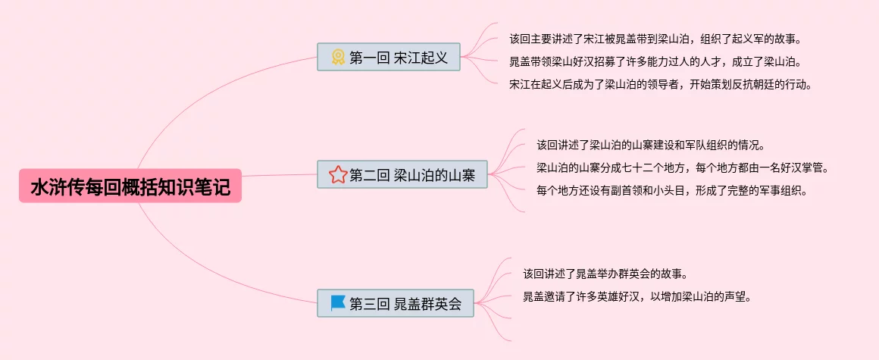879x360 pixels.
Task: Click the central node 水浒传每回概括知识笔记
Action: point(130,186)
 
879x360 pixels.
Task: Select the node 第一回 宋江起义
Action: point(389,57)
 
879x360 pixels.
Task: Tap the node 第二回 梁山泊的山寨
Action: point(402,175)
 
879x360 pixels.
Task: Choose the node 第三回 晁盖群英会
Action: point(395,303)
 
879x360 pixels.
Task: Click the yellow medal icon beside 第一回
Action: point(338,57)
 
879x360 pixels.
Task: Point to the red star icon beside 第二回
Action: point(337,175)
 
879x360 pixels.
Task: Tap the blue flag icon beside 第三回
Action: point(338,302)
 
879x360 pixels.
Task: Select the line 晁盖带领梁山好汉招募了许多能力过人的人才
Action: point(655,61)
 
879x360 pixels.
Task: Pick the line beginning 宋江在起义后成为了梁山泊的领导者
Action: point(661,84)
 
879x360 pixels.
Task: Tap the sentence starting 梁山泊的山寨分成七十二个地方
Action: point(682,167)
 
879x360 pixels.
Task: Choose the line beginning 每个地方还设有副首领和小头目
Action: point(671,190)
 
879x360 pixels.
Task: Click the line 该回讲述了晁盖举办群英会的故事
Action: point(605,274)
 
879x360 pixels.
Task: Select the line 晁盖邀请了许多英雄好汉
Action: point(637,296)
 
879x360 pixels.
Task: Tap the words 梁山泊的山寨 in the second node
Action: point(435,175)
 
